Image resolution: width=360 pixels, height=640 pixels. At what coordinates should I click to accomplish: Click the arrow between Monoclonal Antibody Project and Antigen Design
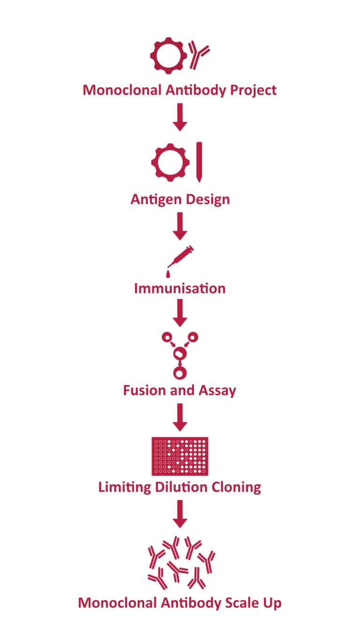tap(180, 117)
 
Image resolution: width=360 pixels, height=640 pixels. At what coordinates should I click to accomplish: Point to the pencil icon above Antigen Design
tap(199, 162)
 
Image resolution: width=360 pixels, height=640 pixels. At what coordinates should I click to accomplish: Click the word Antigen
tap(153, 199)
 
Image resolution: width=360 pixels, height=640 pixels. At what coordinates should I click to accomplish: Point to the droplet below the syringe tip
tap(168, 273)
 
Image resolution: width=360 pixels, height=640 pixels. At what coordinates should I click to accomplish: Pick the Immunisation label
tap(180, 288)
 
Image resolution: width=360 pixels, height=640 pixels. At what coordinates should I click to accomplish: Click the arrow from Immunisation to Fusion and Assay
tap(180, 313)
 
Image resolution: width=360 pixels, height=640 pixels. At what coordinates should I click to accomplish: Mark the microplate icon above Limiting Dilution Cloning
tap(180, 456)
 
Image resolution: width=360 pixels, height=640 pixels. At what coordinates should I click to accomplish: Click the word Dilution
tap(180, 487)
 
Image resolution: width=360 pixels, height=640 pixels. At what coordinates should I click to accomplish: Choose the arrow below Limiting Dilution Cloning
tap(180, 514)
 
